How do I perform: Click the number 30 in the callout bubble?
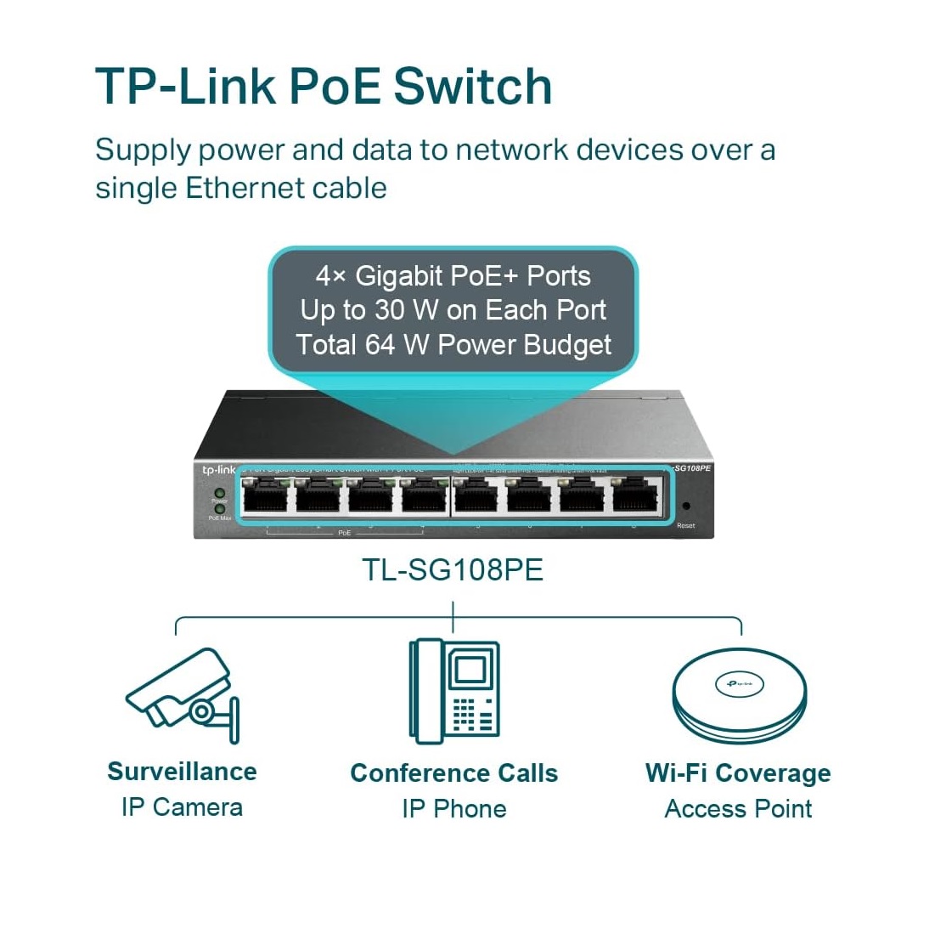[x=389, y=310]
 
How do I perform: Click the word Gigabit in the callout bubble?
[x=398, y=276]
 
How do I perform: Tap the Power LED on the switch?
[x=219, y=493]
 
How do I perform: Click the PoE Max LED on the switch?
[x=219, y=510]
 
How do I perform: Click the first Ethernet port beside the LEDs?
[x=264, y=495]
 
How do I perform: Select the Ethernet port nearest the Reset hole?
[x=636, y=495]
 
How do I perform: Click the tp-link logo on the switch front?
[x=217, y=470]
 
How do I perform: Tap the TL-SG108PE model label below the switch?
[x=453, y=569]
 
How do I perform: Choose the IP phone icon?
[x=454, y=691]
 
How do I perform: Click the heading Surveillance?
[x=182, y=772]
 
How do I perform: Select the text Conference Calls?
[x=454, y=773]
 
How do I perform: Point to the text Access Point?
[x=738, y=809]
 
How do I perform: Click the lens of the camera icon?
[x=202, y=711]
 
